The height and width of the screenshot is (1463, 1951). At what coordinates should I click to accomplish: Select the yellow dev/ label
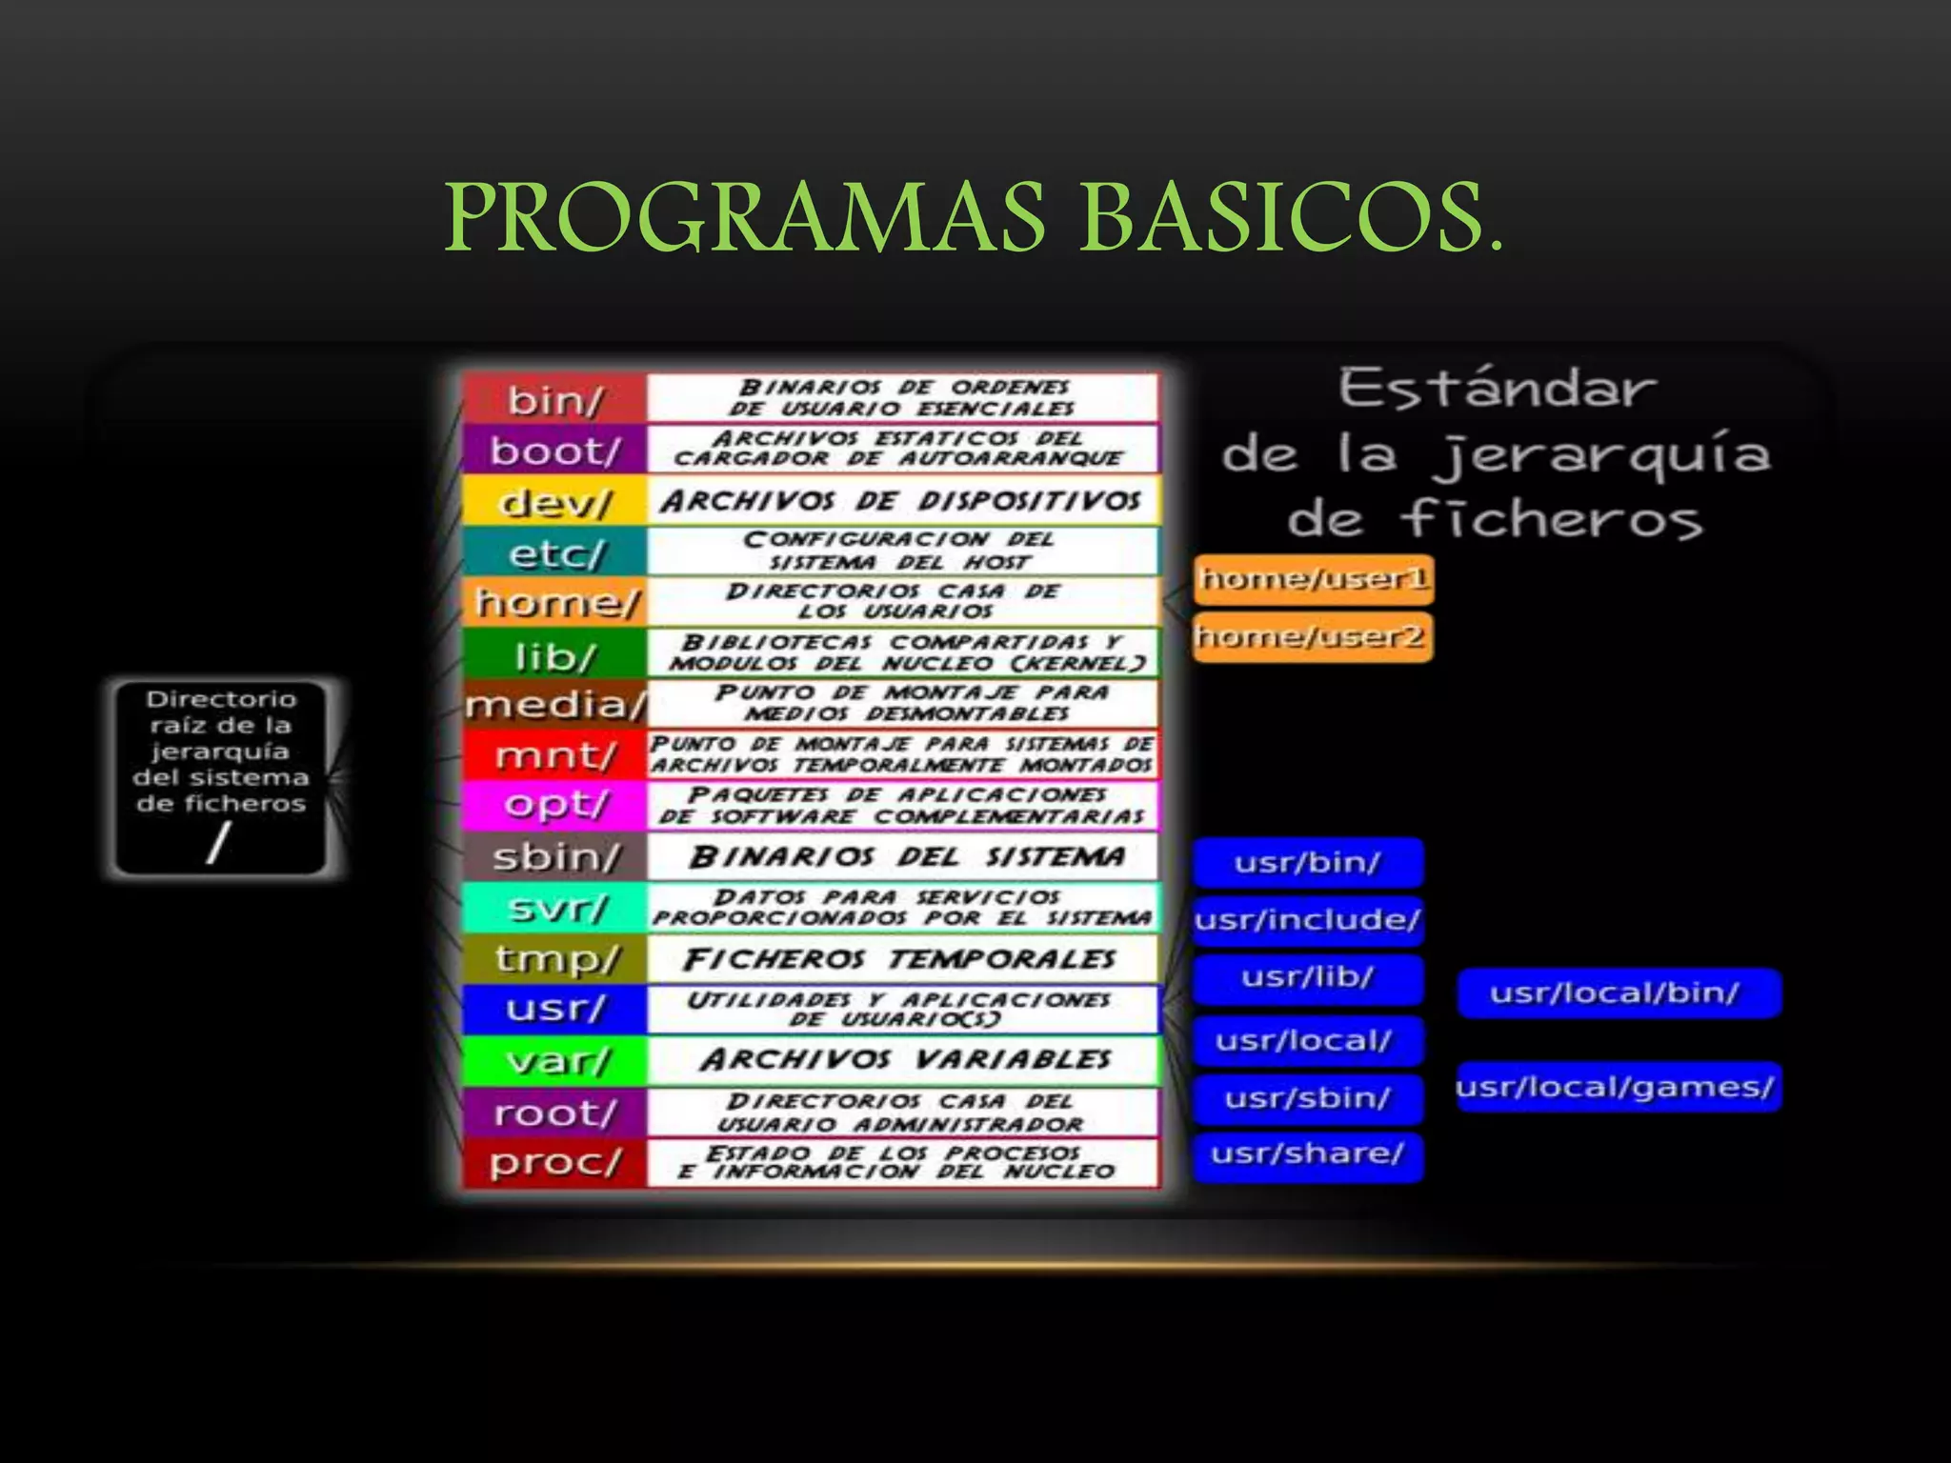(x=554, y=502)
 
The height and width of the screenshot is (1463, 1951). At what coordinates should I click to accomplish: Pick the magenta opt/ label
(x=554, y=806)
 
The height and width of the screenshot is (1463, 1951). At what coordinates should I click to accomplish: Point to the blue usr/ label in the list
(x=554, y=1009)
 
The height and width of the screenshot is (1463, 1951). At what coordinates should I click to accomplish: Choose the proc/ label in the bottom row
(x=554, y=1162)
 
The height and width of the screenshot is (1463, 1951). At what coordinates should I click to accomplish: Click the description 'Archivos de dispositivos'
(x=901, y=501)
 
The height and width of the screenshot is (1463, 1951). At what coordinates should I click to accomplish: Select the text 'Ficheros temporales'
(x=899, y=958)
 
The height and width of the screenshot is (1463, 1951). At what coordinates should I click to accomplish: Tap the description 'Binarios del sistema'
(x=905, y=856)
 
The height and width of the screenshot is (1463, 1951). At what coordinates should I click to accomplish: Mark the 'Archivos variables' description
(x=905, y=1059)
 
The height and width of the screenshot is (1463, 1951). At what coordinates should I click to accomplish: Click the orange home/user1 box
(x=1314, y=579)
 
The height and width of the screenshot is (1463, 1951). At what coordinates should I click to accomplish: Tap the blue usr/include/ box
(x=1307, y=920)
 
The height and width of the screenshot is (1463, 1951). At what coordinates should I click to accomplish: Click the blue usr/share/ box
(x=1307, y=1154)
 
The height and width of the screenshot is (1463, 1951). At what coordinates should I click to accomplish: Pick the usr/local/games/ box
(x=1617, y=1087)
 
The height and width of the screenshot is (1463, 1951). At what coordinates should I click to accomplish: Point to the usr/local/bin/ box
(x=1617, y=993)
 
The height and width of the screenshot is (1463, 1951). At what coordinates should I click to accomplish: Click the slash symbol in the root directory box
(x=219, y=843)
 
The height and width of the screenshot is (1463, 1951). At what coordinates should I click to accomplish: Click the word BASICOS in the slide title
(x=1291, y=219)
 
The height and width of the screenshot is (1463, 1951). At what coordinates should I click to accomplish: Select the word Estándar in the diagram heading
(x=1498, y=389)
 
